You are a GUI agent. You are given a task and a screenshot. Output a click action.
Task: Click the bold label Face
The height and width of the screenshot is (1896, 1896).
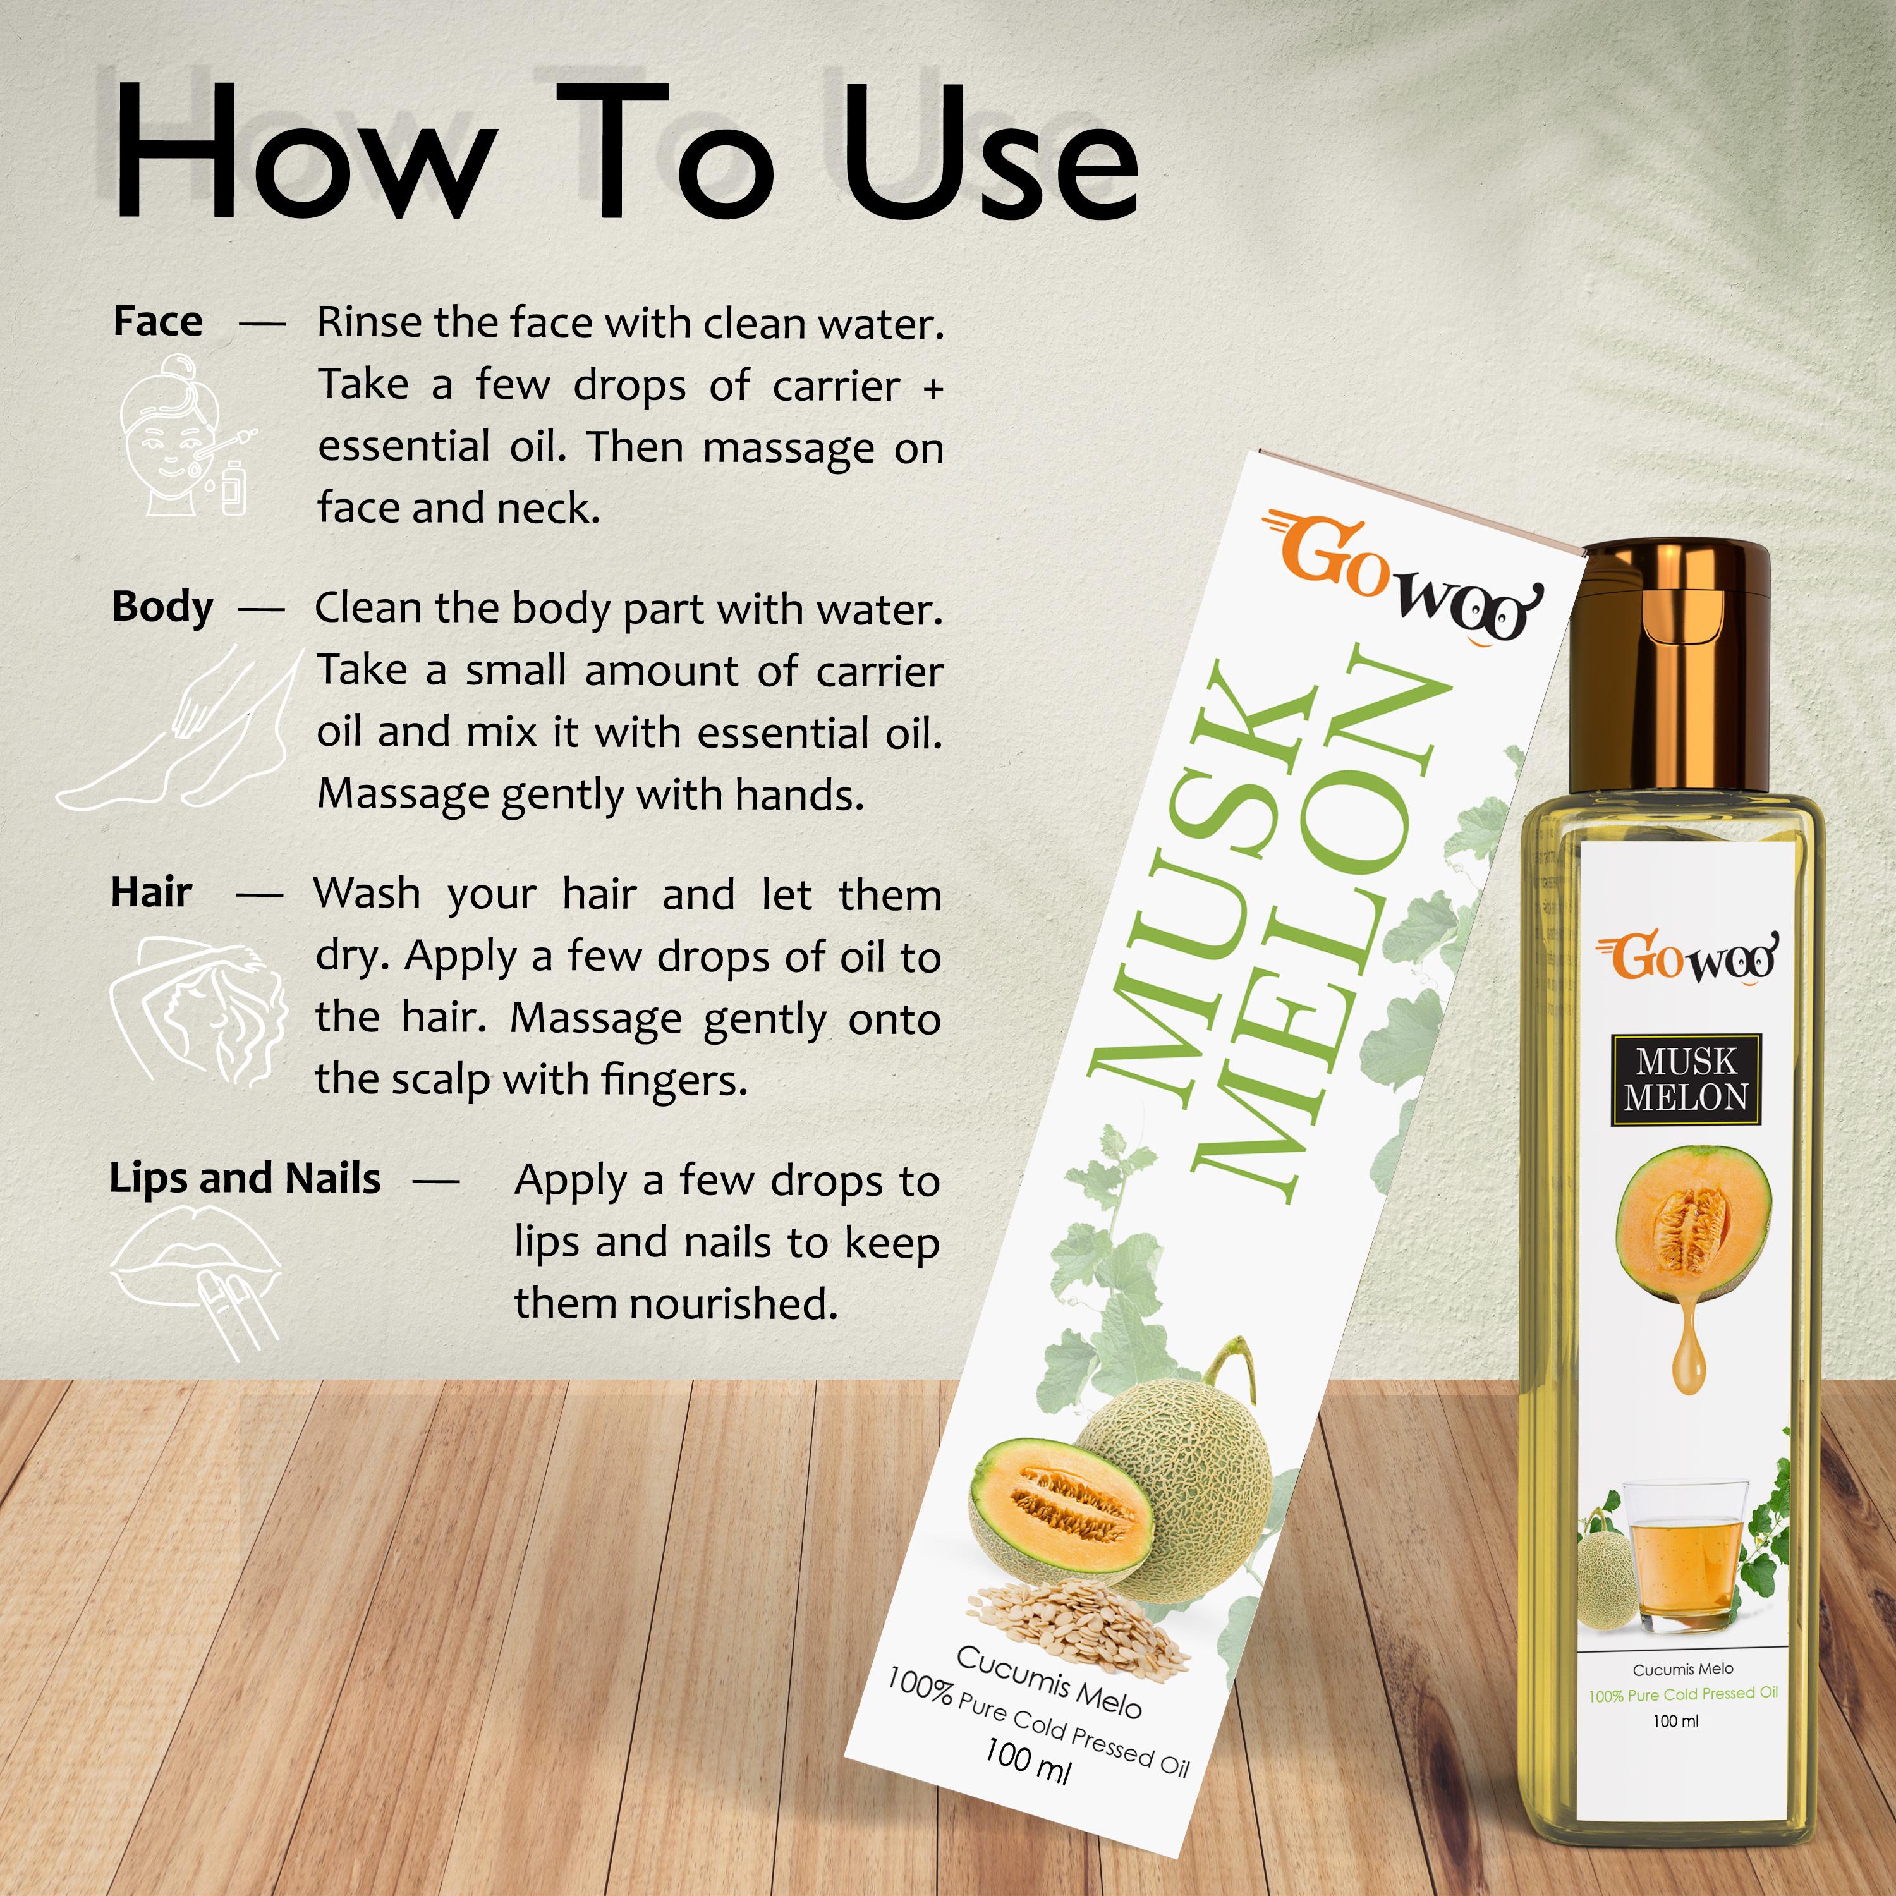(x=158, y=321)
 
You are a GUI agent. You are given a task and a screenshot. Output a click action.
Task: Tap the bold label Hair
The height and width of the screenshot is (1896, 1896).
(x=151, y=892)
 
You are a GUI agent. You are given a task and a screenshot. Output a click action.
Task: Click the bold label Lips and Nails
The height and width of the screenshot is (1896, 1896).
(x=245, y=1179)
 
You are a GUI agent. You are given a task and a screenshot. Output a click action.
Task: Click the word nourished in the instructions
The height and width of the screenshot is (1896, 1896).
(x=733, y=1304)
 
